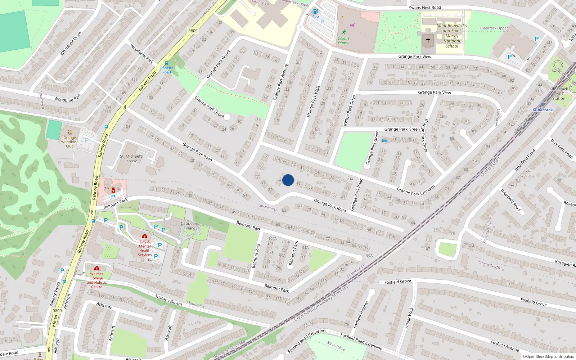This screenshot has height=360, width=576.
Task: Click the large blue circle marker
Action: [x=288, y=180]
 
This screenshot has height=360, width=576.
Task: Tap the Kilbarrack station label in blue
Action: [x=543, y=110]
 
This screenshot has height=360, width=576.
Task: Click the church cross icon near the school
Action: [x=428, y=40]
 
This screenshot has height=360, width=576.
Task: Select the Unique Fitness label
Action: [x=343, y=40]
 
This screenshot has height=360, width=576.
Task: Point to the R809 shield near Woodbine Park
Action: [x=193, y=31]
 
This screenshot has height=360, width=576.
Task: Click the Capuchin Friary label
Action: [x=189, y=226]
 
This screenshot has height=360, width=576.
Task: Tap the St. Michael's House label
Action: [x=131, y=158]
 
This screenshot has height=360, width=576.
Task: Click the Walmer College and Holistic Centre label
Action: [x=96, y=280]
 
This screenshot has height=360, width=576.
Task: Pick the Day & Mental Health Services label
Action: [x=145, y=248]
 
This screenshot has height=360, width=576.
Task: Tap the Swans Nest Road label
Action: [x=425, y=8]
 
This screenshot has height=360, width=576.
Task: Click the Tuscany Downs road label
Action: [x=169, y=300]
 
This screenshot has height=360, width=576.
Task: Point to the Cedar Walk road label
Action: [x=409, y=316]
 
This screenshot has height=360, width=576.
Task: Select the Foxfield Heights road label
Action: [x=361, y=315]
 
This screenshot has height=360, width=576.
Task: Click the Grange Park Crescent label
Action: [x=416, y=190]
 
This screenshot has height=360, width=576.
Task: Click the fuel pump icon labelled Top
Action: [x=315, y=12]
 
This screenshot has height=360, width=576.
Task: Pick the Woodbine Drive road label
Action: [x=71, y=44]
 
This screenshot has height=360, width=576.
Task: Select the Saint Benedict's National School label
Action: [x=452, y=36]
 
